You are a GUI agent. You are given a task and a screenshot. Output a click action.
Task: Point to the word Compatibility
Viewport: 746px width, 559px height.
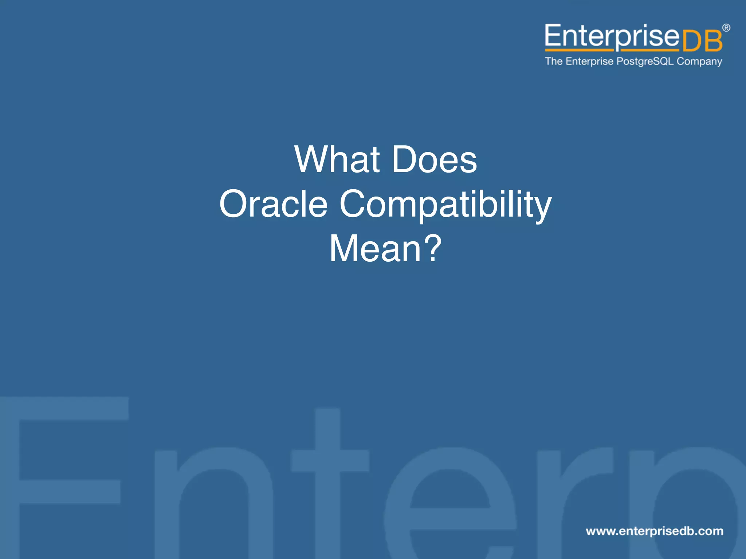[x=445, y=205]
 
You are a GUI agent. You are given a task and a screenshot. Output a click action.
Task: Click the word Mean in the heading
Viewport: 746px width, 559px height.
[x=375, y=249]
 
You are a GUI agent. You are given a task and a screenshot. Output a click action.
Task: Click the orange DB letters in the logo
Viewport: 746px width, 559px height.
[x=702, y=41]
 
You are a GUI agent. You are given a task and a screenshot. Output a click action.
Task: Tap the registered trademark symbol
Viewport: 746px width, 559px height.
[x=726, y=28]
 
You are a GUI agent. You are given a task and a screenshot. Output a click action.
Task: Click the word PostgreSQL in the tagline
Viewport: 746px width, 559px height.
[x=645, y=61]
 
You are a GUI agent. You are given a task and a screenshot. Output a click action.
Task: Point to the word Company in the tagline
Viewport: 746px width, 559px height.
[x=699, y=62]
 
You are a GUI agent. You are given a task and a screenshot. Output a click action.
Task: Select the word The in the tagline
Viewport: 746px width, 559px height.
[x=554, y=61]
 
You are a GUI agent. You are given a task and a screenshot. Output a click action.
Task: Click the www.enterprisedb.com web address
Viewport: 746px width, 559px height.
[x=655, y=531]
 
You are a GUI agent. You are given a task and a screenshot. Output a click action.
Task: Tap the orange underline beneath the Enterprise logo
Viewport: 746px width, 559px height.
[x=612, y=50]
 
